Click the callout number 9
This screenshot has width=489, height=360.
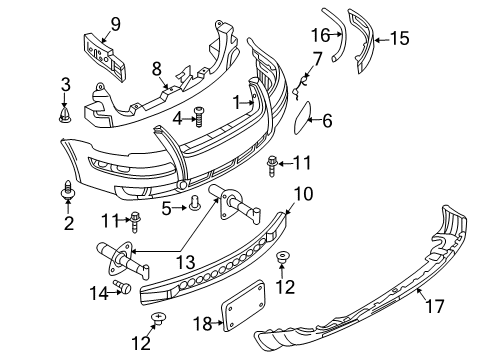(116, 25)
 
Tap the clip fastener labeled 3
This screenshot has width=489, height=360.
(64, 114)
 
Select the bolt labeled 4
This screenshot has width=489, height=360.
(199, 117)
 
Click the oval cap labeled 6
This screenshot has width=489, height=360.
(303, 117)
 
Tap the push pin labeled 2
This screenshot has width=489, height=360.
(68, 191)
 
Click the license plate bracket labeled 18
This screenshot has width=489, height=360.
(243, 306)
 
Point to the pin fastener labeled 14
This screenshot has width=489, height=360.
(122, 287)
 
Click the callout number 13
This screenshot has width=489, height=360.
(186, 262)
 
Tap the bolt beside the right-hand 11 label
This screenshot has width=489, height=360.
(272, 166)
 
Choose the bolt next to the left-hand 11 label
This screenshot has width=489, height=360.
(135, 221)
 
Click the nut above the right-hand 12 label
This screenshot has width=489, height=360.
(283, 256)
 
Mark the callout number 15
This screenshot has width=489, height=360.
(400, 38)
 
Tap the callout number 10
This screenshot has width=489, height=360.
(304, 194)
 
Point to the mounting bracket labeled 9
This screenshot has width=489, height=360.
(105, 57)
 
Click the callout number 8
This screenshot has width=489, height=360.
(157, 69)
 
